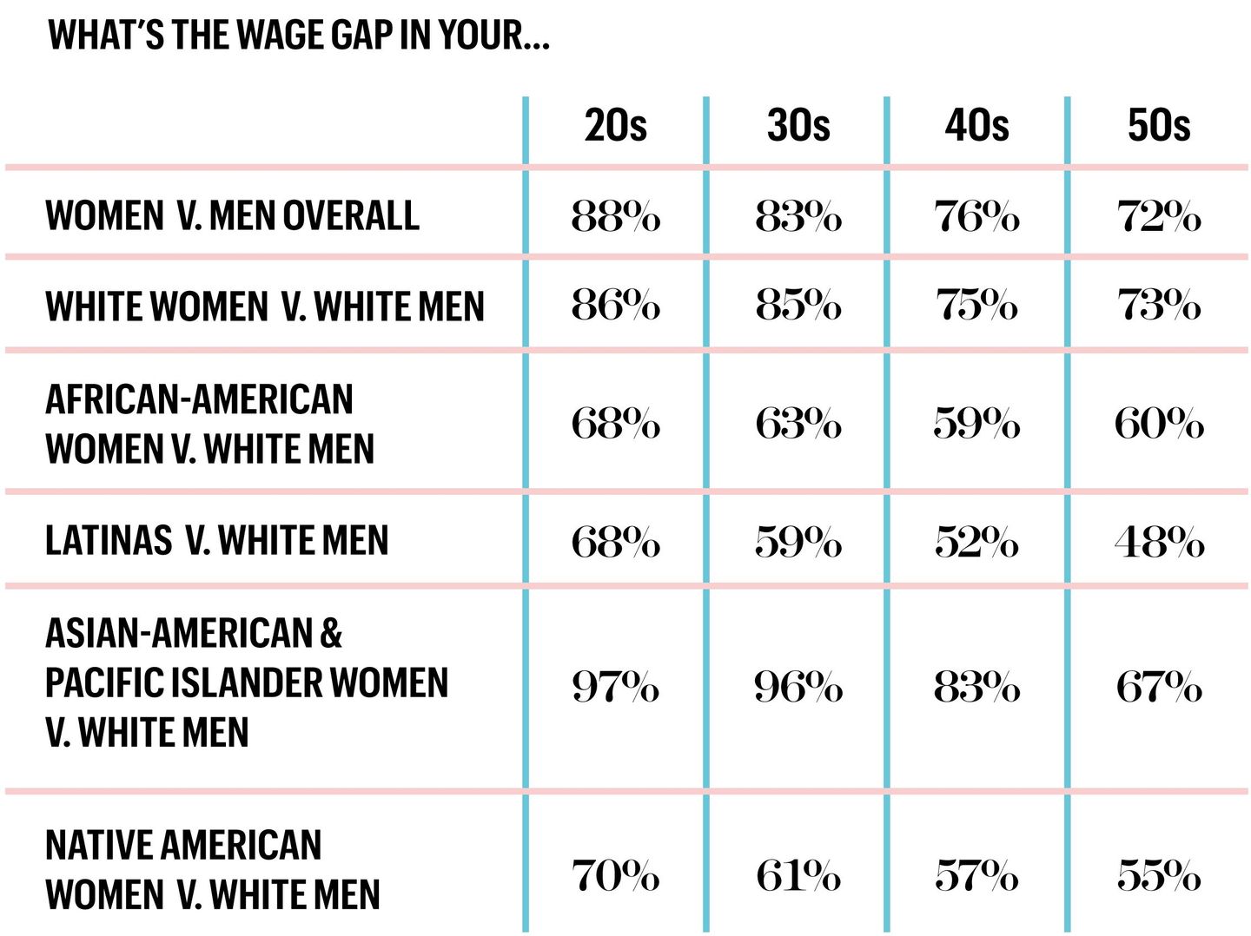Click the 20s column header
tap(615, 126)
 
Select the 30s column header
tap(798, 126)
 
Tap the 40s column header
tap(976, 126)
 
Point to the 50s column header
tap(1158, 126)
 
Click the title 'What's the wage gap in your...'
tap(299, 36)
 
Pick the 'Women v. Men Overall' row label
tap(232, 215)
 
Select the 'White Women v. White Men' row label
tap(264, 307)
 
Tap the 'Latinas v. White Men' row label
tap(216, 540)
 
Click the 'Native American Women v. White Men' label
tap(212, 870)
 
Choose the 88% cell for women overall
tap(615, 216)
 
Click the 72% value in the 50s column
tap(1158, 216)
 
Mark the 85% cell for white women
tap(798, 306)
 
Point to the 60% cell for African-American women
tap(1158, 424)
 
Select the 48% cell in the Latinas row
tap(1158, 543)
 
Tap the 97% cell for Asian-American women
tap(615, 688)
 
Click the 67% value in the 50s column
tap(1158, 688)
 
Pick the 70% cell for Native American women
tap(615, 875)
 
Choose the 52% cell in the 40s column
tap(976, 543)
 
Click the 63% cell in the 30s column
tap(798, 424)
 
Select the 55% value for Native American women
tap(1158, 875)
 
